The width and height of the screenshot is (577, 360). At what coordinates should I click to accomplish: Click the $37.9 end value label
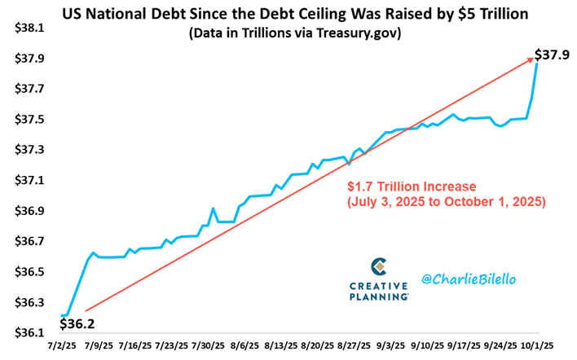[551, 55]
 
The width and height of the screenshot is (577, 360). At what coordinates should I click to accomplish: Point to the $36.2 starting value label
[78, 323]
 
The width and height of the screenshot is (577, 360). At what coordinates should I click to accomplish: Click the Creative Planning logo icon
[378, 267]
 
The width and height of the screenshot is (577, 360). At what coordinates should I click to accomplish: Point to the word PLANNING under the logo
[378, 298]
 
